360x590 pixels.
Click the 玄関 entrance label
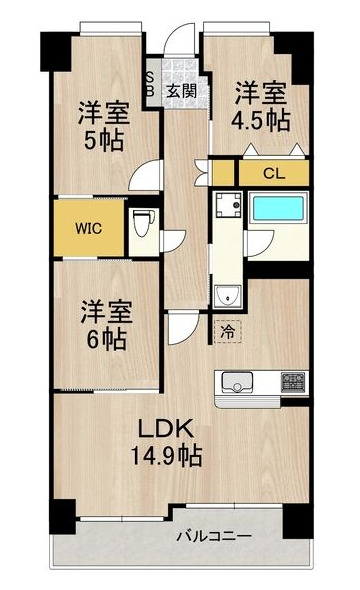pos(181,91)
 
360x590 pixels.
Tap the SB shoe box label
pos(151,84)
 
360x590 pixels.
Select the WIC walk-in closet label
pos(89,226)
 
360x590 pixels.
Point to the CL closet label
pos(272,172)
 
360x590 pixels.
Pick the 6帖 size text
pos(103,339)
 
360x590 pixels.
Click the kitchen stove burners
pos(294,381)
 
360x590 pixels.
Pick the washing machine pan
pos(228,210)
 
